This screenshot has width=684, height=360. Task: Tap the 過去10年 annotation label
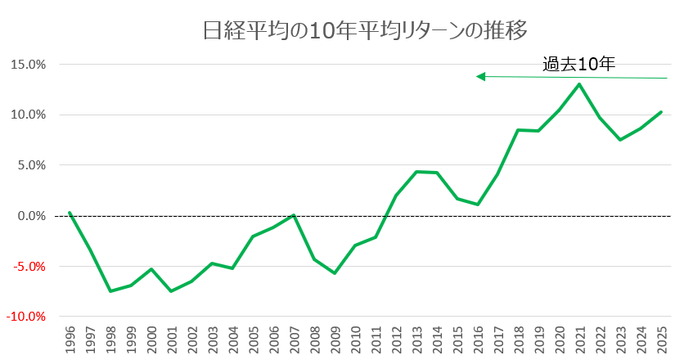click(578, 64)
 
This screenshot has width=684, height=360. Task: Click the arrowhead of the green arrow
click(481, 77)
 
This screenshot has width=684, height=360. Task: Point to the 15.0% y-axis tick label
click(28, 64)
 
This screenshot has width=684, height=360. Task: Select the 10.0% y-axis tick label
click(28, 115)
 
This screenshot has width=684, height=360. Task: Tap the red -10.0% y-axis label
click(26, 317)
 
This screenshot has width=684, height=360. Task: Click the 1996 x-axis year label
click(70, 339)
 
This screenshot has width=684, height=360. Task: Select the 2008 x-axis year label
click(315, 339)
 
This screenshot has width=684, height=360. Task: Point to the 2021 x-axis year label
click(580, 339)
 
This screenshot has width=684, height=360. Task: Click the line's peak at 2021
click(579, 83)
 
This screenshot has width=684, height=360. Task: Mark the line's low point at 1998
click(110, 291)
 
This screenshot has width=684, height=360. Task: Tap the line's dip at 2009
click(335, 273)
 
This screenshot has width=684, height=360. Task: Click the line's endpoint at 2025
click(661, 112)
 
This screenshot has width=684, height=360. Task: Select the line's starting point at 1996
click(70, 213)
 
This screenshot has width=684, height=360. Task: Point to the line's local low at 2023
click(620, 140)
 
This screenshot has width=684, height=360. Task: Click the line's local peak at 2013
click(416, 172)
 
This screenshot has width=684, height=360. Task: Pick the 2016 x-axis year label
click(478, 339)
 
